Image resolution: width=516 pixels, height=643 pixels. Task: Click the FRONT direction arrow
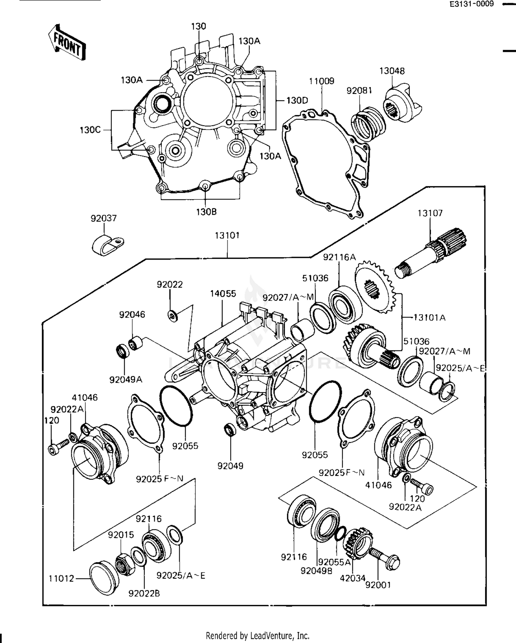click(67, 43)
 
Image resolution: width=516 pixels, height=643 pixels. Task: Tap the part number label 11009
click(321, 81)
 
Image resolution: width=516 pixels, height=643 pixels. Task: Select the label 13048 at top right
click(392, 71)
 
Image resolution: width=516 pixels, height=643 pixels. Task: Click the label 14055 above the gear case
click(223, 294)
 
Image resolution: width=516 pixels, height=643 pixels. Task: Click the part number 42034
click(352, 578)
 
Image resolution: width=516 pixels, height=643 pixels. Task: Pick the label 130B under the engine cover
click(206, 212)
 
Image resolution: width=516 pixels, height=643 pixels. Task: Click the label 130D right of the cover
click(297, 100)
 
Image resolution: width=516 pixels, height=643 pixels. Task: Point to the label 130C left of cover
click(90, 130)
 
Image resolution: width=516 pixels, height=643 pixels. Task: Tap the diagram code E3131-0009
click(471, 4)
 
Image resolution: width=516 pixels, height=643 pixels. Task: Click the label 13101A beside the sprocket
click(429, 317)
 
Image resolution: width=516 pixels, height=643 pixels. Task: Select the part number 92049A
click(126, 380)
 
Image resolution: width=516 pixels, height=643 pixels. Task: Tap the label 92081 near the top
click(359, 90)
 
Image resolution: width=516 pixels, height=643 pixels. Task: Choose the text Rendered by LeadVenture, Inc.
click(258, 635)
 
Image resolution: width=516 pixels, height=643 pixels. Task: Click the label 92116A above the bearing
click(339, 257)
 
